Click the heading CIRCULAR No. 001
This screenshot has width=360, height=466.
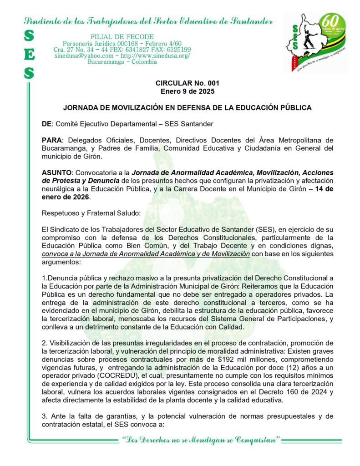click(x=187, y=83)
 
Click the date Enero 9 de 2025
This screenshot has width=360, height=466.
click(x=187, y=91)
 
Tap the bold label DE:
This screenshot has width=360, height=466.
click(x=47, y=124)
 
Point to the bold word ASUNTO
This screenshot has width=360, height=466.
click(x=56, y=173)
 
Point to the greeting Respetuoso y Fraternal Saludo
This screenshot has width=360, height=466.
click(x=91, y=213)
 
